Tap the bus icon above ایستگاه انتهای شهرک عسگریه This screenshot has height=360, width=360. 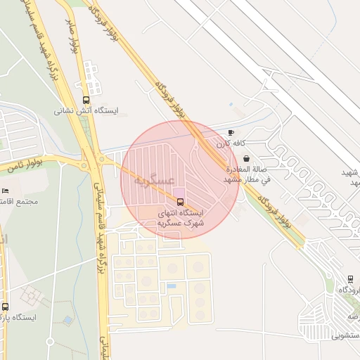[180, 202]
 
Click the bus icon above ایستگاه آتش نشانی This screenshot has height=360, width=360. [86, 100]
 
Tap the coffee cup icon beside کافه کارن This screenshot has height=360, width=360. [231, 132]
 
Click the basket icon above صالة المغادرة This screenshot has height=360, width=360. [246, 160]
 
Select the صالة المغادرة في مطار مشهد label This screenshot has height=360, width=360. [246, 174]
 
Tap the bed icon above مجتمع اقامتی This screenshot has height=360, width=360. [5, 191]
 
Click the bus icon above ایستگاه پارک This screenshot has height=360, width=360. [6, 306]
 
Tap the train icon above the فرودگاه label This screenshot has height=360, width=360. [350, 278]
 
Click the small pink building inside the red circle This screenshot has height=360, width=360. [179, 192]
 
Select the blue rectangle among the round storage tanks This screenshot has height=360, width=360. [172, 286]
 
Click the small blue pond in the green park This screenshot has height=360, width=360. [67, 320]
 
